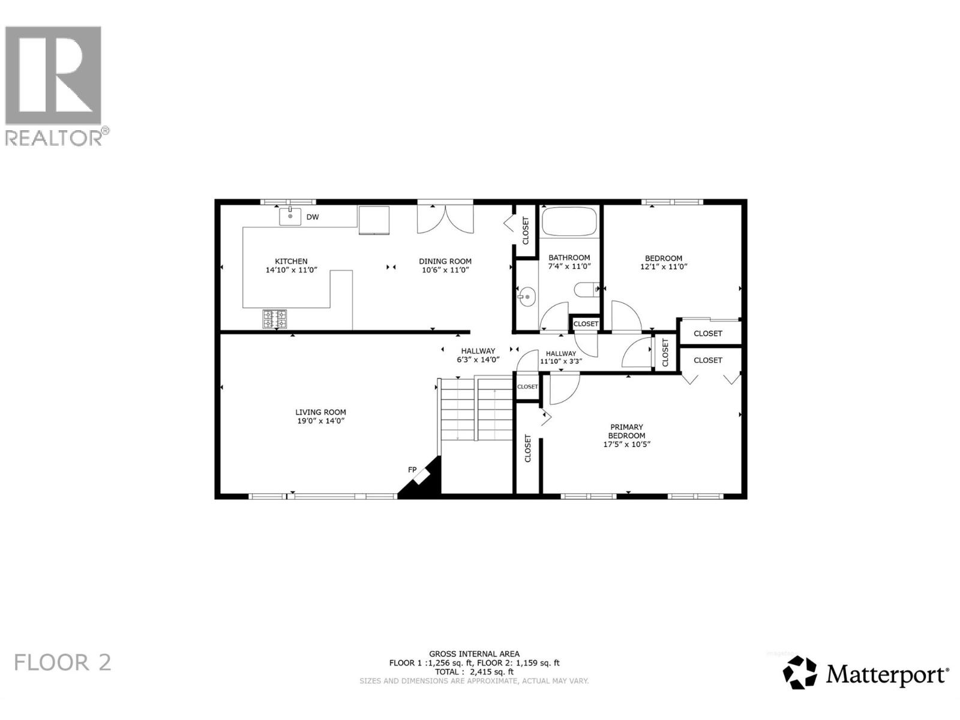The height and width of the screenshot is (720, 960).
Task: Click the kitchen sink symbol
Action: click(x=290, y=216)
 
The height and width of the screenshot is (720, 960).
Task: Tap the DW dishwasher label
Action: click(x=313, y=217)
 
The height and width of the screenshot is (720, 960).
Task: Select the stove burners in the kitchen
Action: click(x=274, y=319)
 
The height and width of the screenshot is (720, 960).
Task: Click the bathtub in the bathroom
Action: click(x=569, y=222)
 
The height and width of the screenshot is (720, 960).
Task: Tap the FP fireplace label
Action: click(x=412, y=469)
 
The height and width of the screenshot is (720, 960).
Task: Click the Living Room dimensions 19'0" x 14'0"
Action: click(x=320, y=421)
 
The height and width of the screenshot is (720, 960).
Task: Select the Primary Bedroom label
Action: click(x=626, y=431)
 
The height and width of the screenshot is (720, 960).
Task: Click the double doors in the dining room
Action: click(x=445, y=220)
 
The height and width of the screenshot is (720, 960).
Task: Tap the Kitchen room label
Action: click(x=291, y=261)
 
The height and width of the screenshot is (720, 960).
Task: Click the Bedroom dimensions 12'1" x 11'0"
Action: click(x=664, y=267)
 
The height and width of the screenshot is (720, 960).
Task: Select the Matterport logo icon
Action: click(x=800, y=673)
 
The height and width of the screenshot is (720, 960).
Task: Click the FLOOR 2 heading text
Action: click(x=62, y=663)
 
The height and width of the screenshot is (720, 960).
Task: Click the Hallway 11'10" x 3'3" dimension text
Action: click(x=560, y=361)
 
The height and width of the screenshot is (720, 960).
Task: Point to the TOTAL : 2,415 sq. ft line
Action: click(x=474, y=672)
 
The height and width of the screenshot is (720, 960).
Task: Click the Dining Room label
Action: click(x=445, y=261)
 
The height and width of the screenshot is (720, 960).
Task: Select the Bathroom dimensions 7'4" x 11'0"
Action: click(x=569, y=266)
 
